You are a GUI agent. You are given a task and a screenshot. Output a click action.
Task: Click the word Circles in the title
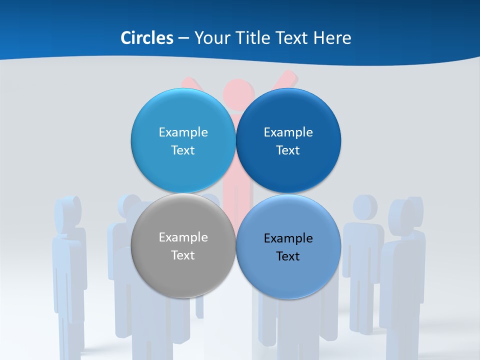[x=147, y=38]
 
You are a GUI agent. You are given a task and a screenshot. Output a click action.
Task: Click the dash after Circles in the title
[x=183, y=38]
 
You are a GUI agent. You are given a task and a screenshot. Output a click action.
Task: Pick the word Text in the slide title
[x=293, y=38]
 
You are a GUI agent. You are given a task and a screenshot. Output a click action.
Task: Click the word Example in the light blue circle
[x=183, y=132]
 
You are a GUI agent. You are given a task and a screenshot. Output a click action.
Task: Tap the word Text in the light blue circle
[x=183, y=150]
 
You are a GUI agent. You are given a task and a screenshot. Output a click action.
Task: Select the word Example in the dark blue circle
[x=288, y=132]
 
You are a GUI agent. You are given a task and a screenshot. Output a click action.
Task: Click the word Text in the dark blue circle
[x=288, y=150]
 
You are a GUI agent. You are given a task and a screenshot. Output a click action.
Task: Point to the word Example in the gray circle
[x=183, y=237]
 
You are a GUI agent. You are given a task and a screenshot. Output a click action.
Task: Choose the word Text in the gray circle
[x=183, y=255]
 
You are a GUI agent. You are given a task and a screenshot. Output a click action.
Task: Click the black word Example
[x=288, y=238]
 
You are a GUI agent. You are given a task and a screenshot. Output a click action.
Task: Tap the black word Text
[x=288, y=256]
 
